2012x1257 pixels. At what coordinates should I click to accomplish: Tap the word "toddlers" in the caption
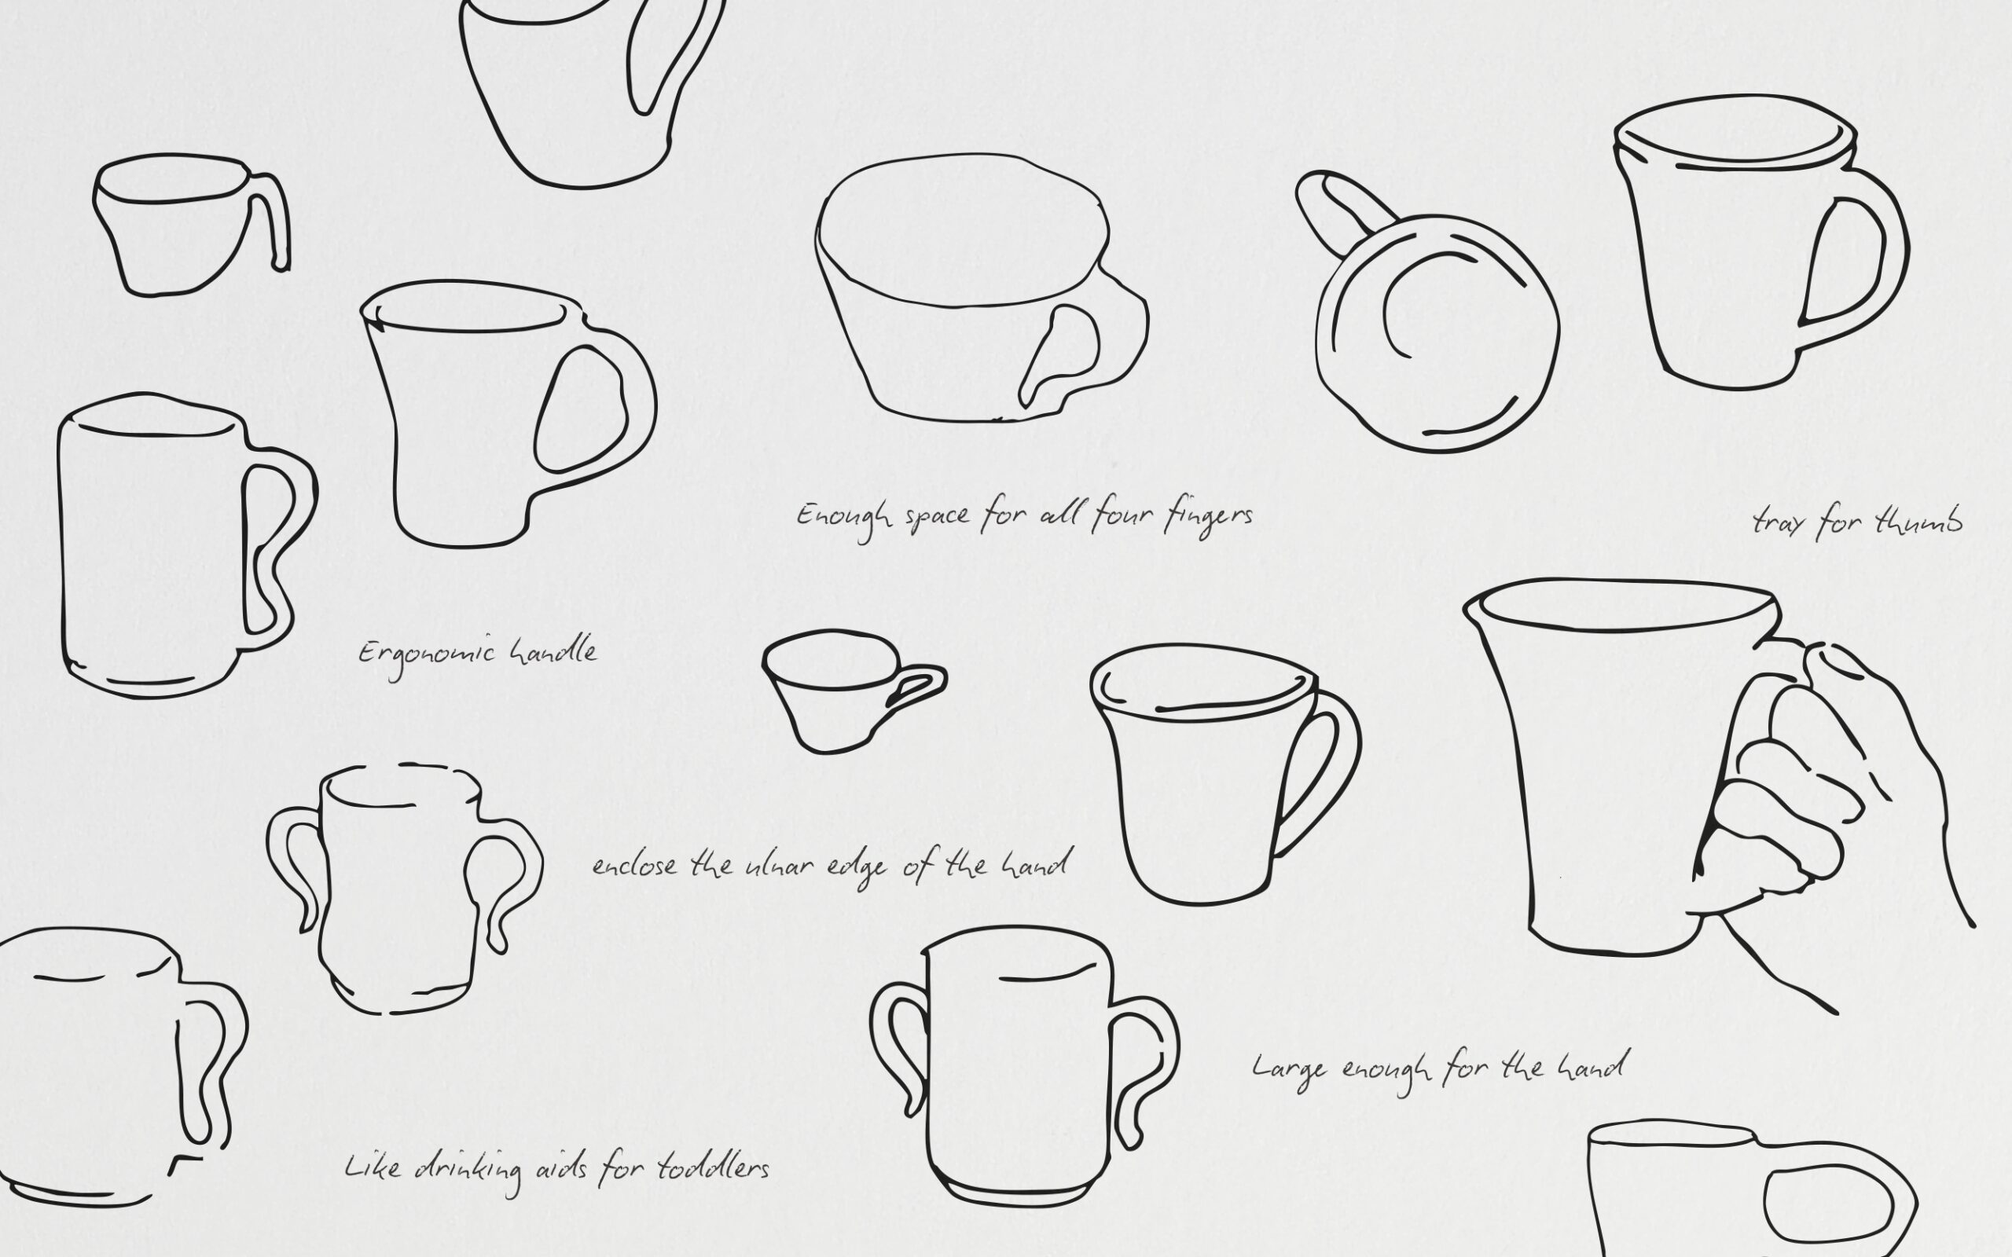[x=713, y=1168]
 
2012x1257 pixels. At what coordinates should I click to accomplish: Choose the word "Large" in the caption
[x=1289, y=1069]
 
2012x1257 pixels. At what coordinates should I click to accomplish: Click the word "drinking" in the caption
[x=468, y=1171]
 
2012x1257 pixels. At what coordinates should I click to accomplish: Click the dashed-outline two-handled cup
[x=405, y=889]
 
